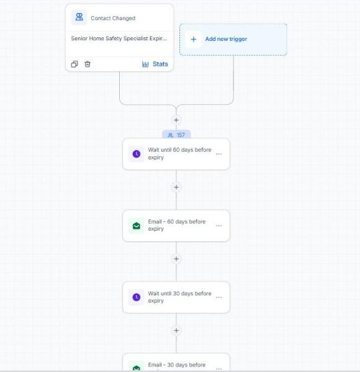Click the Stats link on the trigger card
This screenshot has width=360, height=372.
pyautogui.click(x=155, y=64)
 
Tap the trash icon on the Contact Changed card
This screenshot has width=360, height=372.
pyautogui.click(x=88, y=64)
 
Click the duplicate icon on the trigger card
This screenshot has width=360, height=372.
pyautogui.click(x=74, y=64)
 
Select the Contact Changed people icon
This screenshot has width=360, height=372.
pyautogui.click(x=79, y=17)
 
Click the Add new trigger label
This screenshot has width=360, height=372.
pyautogui.click(x=226, y=39)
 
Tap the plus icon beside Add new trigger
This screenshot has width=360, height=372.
pyautogui.click(x=194, y=39)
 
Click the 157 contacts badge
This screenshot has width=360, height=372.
pyautogui.click(x=176, y=135)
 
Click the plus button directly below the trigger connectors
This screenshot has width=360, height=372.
pyautogui.click(x=176, y=120)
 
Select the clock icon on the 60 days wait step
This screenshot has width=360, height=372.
pyautogui.click(x=137, y=154)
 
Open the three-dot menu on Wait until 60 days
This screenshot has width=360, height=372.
pyautogui.click(x=218, y=154)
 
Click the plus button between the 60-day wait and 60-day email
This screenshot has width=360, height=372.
pyautogui.click(x=176, y=187)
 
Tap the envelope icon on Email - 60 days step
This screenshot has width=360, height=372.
pyautogui.click(x=137, y=226)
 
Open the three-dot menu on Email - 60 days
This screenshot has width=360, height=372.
pyautogui.click(x=218, y=226)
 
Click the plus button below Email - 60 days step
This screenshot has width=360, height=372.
pyautogui.click(x=176, y=259)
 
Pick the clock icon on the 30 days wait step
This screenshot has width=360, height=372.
pyautogui.click(x=137, y=297)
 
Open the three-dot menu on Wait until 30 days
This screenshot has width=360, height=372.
pyautogui.click(x=218, y=297)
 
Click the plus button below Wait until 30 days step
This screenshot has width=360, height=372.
pyautogui.click(x=176, y=330)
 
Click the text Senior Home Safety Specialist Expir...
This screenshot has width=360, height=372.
pyautogui.click(x=119, y=38)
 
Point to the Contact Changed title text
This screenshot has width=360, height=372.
pyautogui.click(x=113, y=18)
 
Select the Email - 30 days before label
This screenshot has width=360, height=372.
pyautogui.click(x=177, y=365)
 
